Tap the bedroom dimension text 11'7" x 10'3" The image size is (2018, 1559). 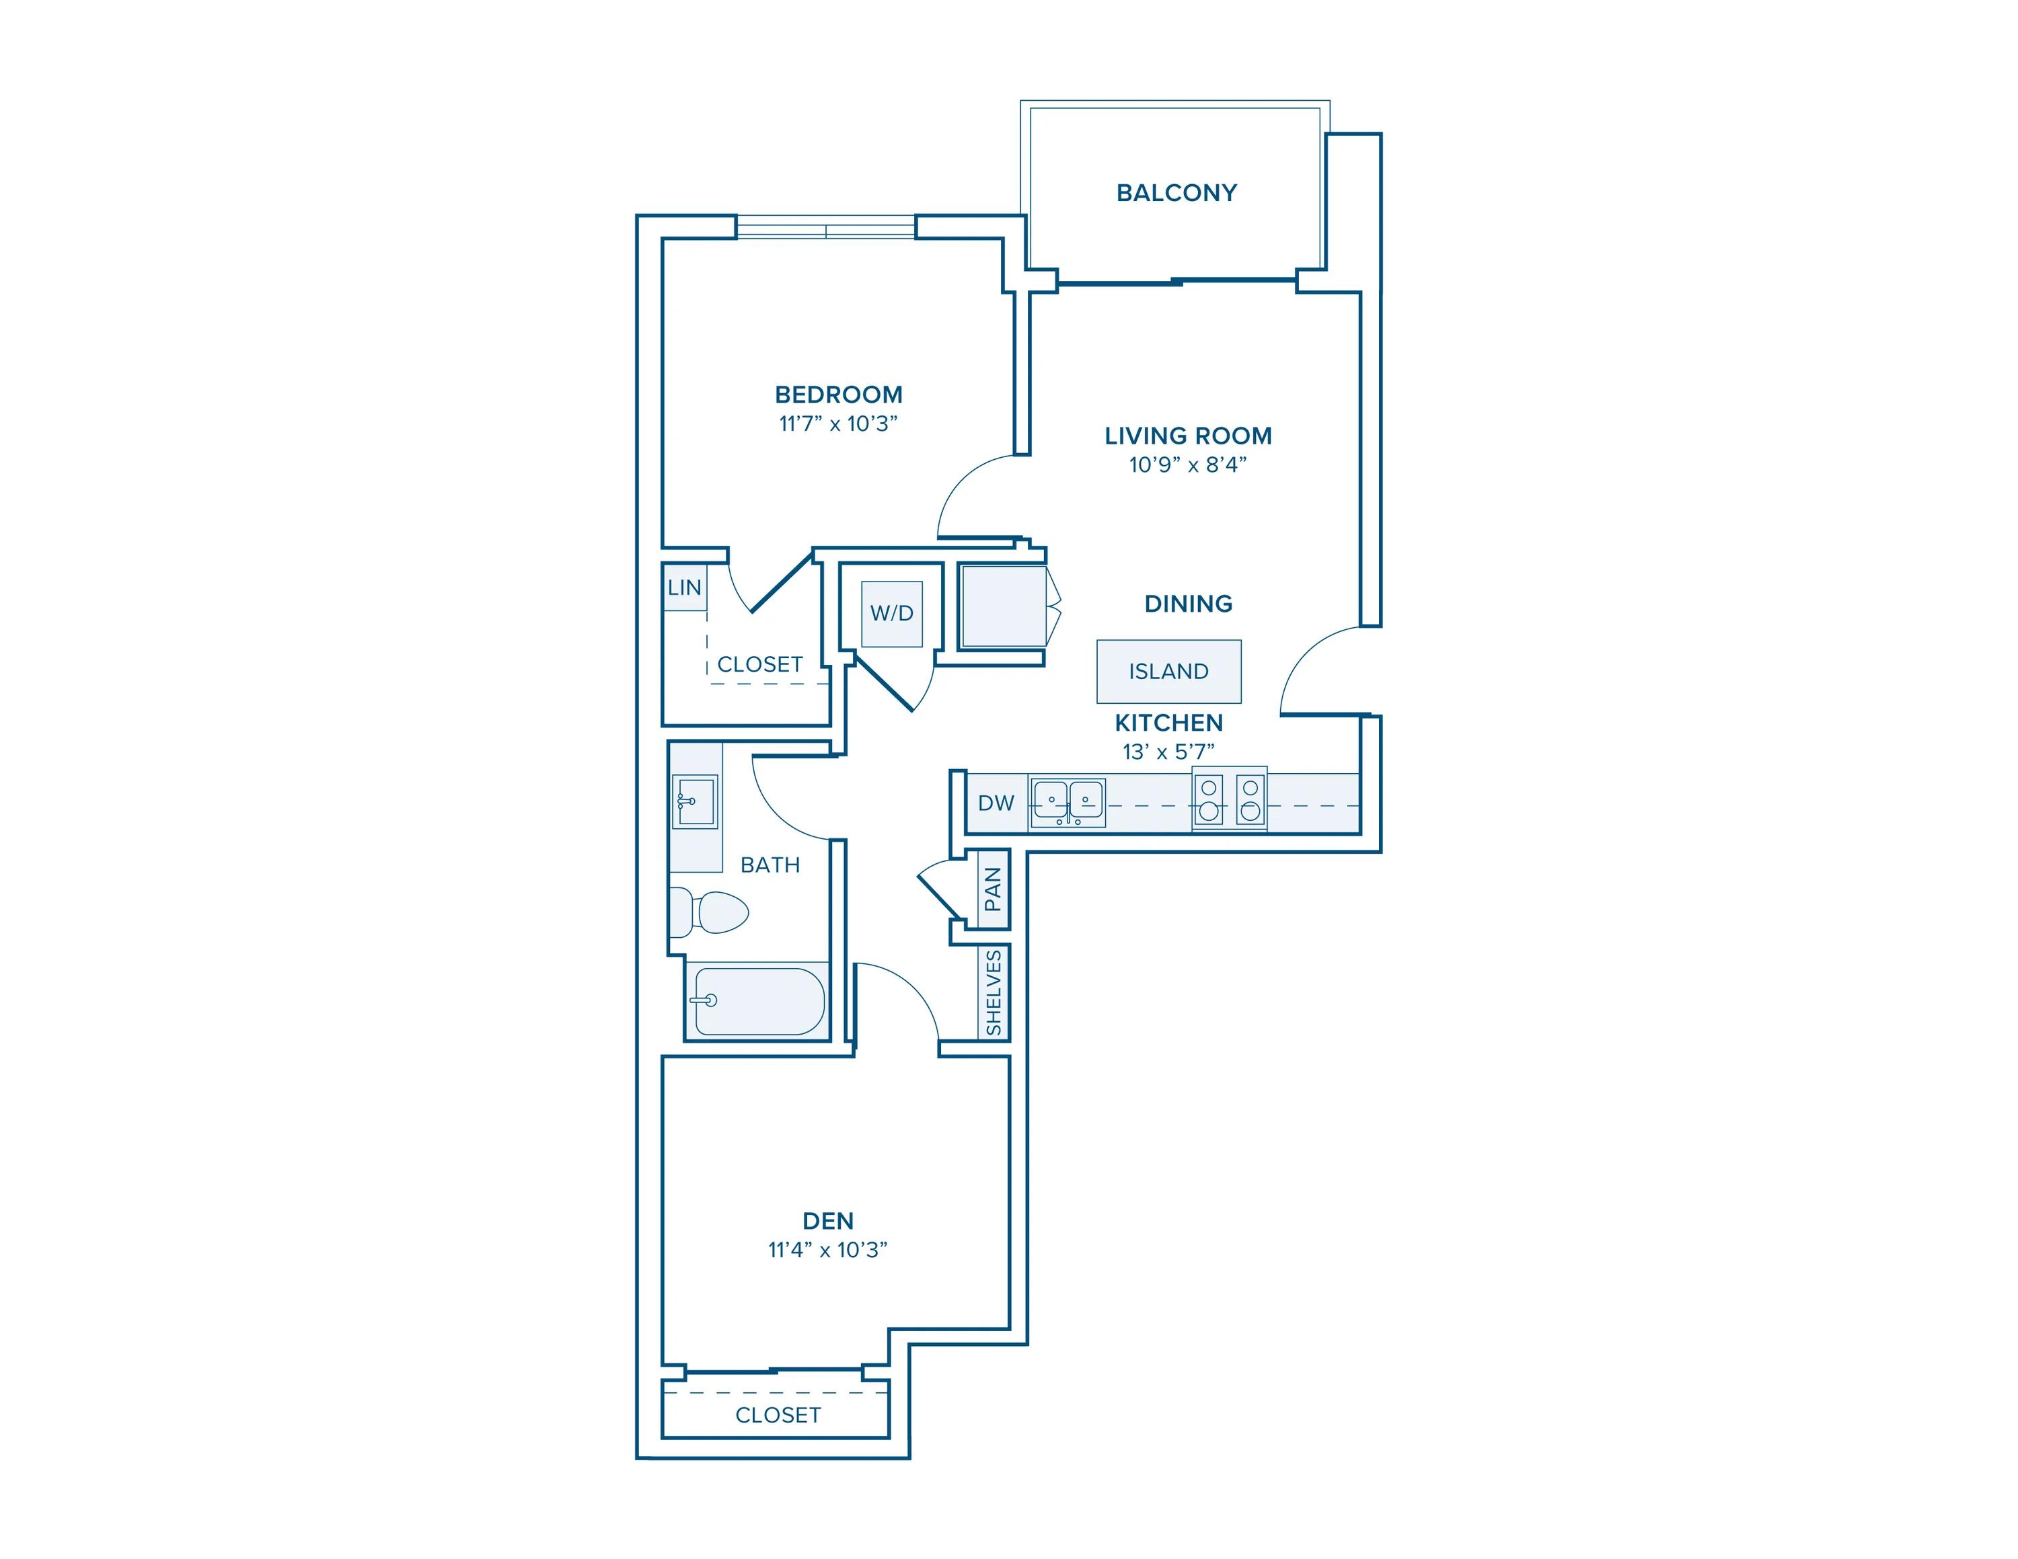(838, 424)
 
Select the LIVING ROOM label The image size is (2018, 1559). (1187, 436)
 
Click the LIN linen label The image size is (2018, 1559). (685, 588)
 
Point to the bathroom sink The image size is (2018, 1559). (695, 801)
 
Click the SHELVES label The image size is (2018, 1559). (994, 993)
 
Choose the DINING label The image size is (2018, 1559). (1187, 604)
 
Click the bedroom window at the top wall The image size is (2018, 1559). (825, 227)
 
